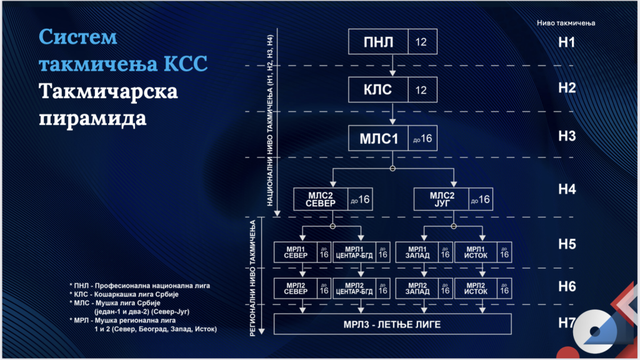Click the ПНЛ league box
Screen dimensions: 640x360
(x=392, y=42)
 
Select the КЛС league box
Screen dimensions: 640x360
(x=392, y=90)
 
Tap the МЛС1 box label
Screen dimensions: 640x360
(x=378, y=139)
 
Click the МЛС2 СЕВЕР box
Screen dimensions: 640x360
(x=332, y=199)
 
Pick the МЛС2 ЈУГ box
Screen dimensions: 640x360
(x=453, y=199)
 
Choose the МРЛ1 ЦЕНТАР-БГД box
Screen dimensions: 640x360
(x=361, y=252)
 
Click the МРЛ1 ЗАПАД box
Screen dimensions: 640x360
(x=424, y=252)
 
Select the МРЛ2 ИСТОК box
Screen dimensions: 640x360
(x=483, y=289)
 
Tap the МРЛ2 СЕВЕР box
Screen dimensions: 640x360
(x=302, y=289)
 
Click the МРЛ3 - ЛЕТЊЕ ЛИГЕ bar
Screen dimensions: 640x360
(x=392, y=324)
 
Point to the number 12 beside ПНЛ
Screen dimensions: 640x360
(x=421, y=42)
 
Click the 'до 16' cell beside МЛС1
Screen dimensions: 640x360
(x=422, y=139)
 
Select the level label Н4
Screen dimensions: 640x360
(x=567, y=189)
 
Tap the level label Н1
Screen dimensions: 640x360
(x=566, y=42)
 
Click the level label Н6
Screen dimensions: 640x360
(x=567, y=286)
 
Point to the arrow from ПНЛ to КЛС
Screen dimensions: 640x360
(x=392, y=65)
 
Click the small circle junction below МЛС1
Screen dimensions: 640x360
(x=392, y=169)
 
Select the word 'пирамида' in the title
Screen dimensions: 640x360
(x=92, y=119)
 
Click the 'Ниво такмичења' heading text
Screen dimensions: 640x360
(x=566, y=23)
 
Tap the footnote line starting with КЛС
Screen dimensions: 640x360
(x=124, y=294)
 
